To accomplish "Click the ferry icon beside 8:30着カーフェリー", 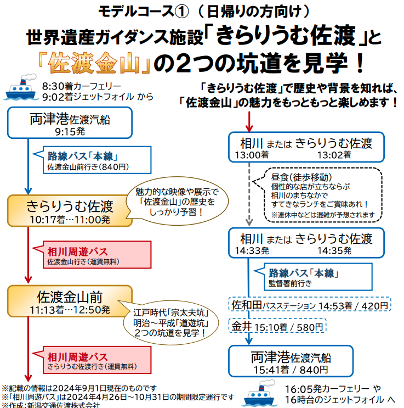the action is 20,87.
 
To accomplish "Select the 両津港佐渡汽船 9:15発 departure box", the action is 70,123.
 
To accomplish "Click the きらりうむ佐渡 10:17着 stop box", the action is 70,211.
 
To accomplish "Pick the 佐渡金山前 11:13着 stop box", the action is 70,301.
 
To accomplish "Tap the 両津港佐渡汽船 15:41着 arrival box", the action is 291,361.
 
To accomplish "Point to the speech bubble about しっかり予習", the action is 177,201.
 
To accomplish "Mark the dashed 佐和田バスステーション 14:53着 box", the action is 310,304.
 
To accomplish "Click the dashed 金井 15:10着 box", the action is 277,326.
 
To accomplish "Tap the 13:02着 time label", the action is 334,155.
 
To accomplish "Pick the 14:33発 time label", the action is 252,250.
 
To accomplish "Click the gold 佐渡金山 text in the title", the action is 94,63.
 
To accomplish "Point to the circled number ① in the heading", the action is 181,12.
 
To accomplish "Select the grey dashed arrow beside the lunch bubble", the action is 249,194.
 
